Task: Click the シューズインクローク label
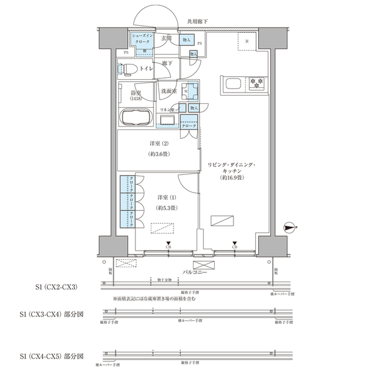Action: pos(143,38)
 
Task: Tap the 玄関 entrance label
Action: pos(167,39)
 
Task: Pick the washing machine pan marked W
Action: pos(191,92)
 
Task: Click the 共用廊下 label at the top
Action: pos(197,22)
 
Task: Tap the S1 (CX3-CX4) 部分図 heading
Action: pos(51,315)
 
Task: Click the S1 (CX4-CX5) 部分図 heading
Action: pos(51,356)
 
